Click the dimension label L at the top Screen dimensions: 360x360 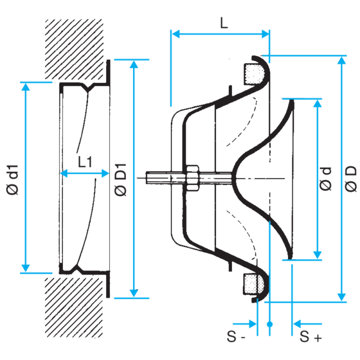(x=224, y=23)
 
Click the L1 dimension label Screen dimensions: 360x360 (x=85, y=162)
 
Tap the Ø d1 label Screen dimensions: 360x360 (x=13, y=180)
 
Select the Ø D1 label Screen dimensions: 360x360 (x=120, y=180)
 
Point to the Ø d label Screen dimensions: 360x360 (x=325, y=179)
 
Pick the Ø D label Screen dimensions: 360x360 (x=351, y=179)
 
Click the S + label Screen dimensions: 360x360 (x=310, y=337)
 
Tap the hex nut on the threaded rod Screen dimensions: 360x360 (x=193, y=178)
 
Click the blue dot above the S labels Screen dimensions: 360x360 (x=270, y=324)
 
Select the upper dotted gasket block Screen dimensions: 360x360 (x=254, y=74)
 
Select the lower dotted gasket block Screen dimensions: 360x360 (x=254, y=284)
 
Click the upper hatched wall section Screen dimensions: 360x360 (x=74, y=49)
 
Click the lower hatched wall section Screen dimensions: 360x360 (x=74, y=308)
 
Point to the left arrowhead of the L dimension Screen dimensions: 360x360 (x=175, y=34)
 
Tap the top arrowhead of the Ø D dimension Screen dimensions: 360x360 (x=342, y=60)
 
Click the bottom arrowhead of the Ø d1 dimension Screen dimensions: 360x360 (x=26, y=268)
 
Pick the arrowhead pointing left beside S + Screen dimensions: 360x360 (x=297, y=324)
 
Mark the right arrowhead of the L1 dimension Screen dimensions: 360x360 (x=105, y=173)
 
